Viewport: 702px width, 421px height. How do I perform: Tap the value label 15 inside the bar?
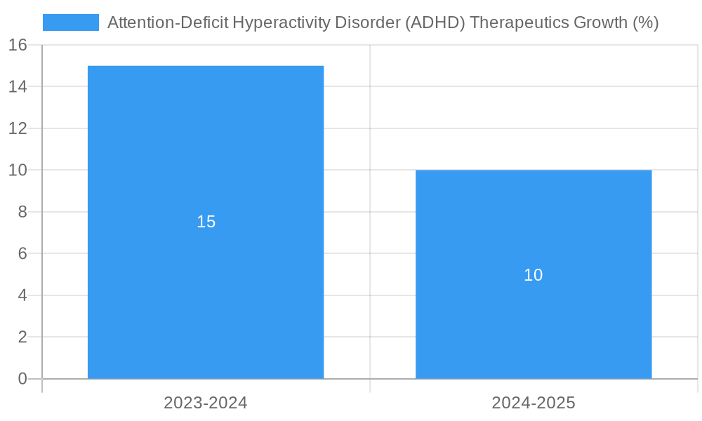(206, 222)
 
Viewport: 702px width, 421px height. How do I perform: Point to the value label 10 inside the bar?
(534, 275)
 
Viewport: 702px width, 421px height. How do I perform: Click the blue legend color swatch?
(71, 22)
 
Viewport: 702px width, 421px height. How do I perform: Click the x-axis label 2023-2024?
(206, 403)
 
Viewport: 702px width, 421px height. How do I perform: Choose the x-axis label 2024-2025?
(534, 403)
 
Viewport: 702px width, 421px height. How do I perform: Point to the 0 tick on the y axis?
(22, 379)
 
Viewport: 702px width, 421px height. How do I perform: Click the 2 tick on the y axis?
(22, 338)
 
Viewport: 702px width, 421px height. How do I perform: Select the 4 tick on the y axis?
(22, 295)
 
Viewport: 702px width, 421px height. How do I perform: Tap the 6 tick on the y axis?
(22, 254)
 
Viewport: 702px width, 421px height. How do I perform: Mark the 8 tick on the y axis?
(22, 212)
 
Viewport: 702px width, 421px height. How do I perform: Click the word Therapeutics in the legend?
(519, 22)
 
